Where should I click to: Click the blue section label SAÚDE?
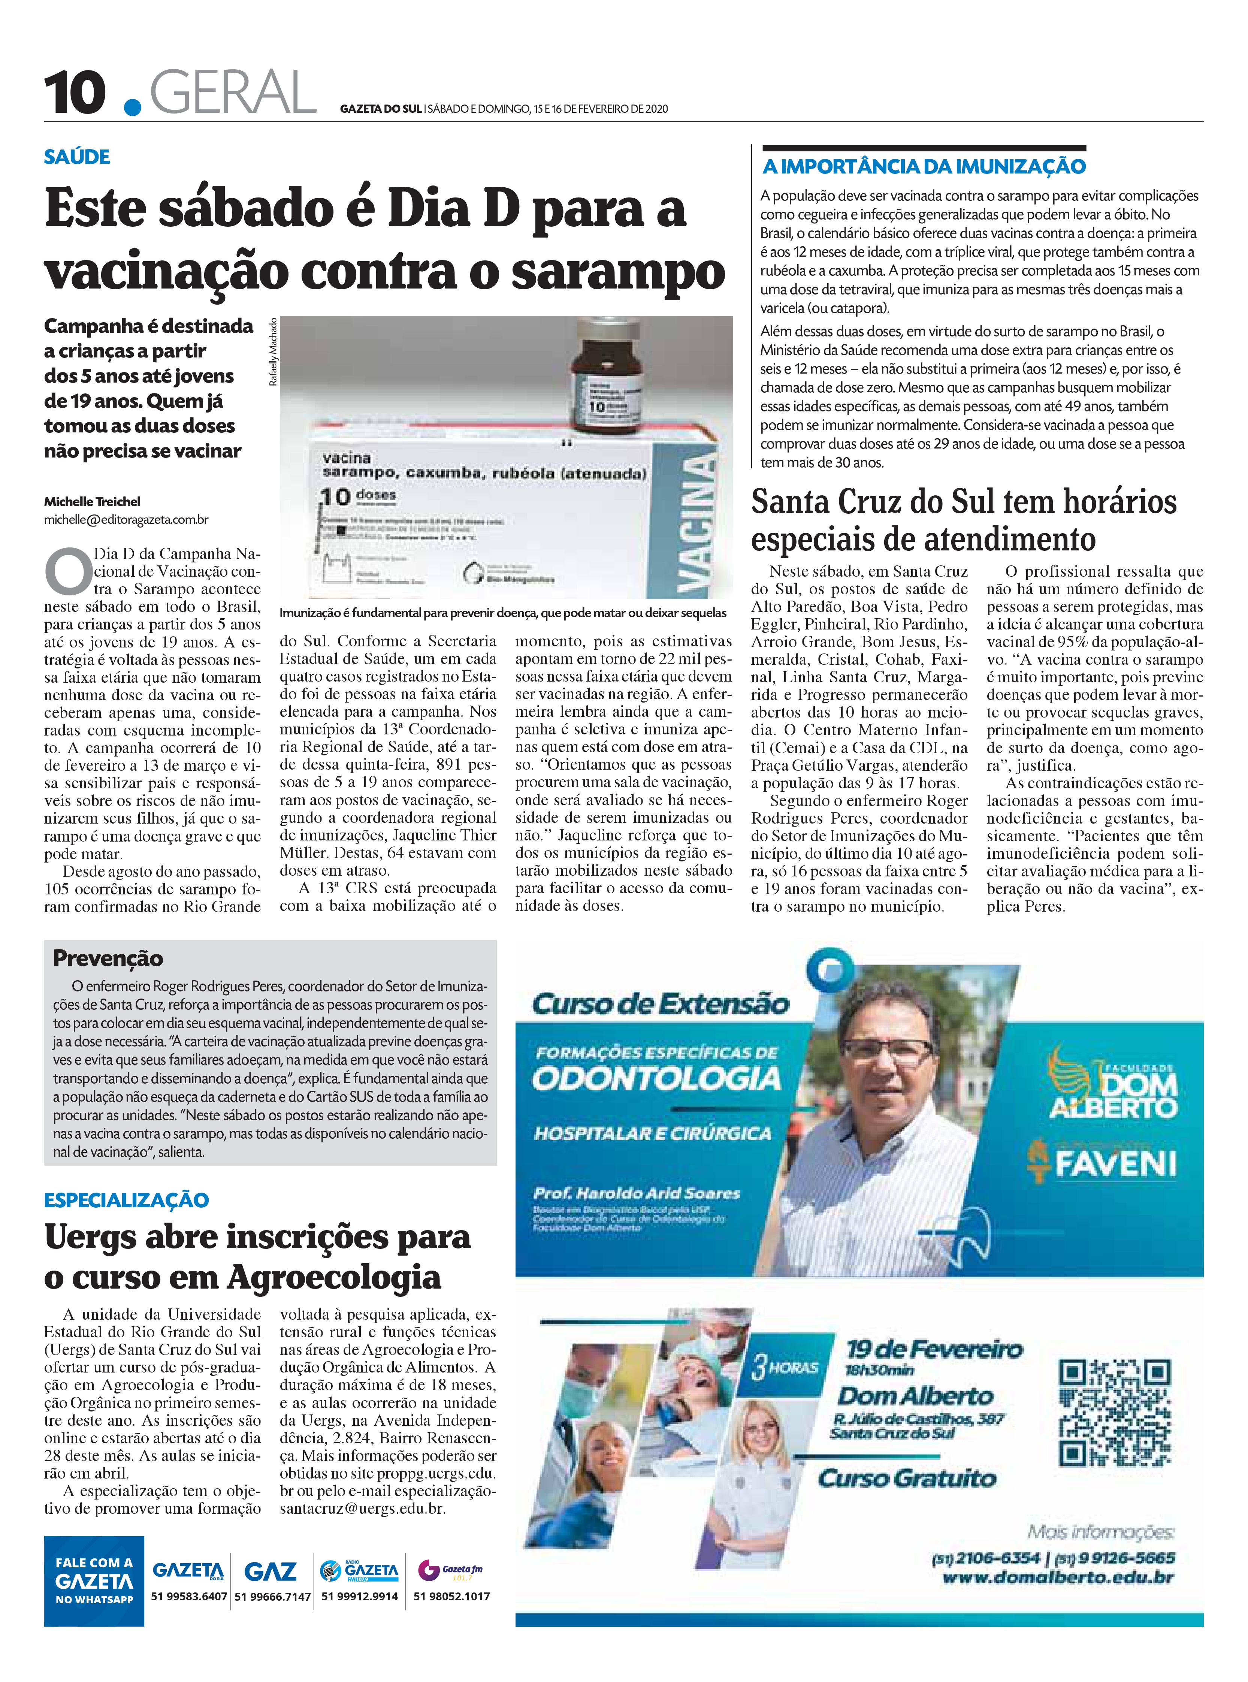77,157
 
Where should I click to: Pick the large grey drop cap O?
66,574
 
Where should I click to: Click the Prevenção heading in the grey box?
108,958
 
